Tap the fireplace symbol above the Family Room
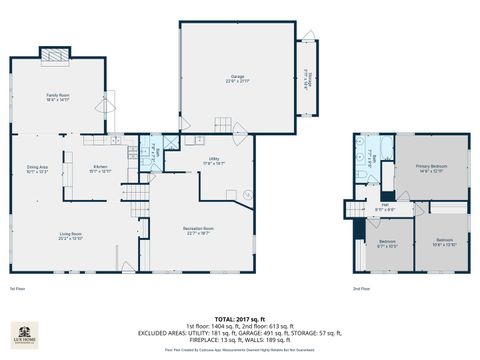click(54, 55)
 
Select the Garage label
click(236, 77)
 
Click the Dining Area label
click(36, 169)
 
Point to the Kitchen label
click(101, 169)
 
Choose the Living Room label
click(70, 237)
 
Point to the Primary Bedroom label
click(430, 167)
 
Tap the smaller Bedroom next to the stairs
click(387, 242)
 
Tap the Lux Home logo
click(23, 337)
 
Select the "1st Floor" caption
click(17, 289)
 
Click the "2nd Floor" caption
click(362, 289)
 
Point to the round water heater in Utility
click(247, 194)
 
